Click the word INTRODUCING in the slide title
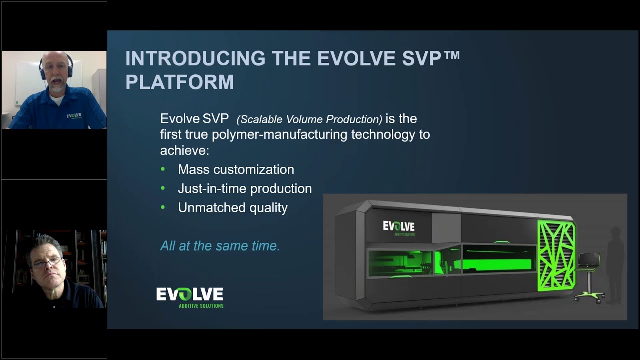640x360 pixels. [195, 59]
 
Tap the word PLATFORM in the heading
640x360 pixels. [179, 82]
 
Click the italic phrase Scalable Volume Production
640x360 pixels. [309, 119]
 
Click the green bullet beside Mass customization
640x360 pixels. [163, 169]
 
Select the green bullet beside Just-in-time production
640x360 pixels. [163, 188]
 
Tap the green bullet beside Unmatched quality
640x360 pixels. [163, 207]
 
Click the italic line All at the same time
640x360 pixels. [220, 246]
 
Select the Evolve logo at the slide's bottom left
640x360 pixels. [190, 296]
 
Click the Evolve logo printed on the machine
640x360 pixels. [398, 227]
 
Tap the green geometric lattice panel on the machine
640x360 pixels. [556, 255]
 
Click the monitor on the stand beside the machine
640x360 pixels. [589, 260]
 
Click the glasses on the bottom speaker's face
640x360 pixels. [46, 262]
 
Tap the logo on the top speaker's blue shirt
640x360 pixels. [74, 116]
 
